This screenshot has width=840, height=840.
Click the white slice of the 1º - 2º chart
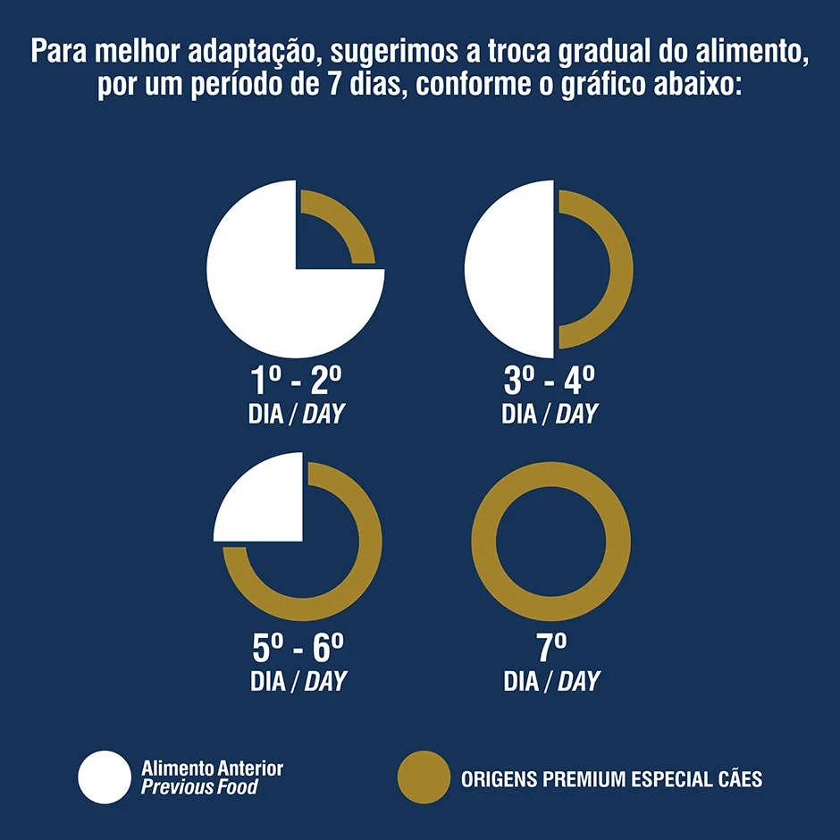click(x=259, y=295)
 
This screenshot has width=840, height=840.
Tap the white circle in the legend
click(x=105, y=777)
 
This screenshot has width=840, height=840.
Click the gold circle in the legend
click(x=424, y=777)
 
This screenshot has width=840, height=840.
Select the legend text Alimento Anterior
click(x=213, y=768)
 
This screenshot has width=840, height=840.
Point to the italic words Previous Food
click(x=199, y=787)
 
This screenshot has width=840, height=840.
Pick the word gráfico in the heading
click(x=604, y=88)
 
